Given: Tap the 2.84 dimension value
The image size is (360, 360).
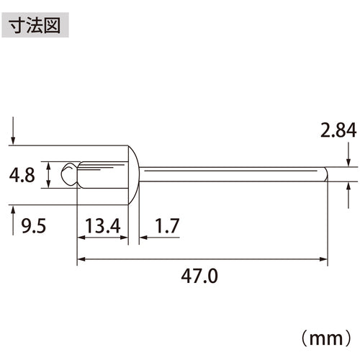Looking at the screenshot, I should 336,131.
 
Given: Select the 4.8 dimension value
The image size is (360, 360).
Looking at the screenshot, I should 24,175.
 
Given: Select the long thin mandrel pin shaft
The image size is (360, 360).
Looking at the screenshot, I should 230,174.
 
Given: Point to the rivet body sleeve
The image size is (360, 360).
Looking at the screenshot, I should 101,174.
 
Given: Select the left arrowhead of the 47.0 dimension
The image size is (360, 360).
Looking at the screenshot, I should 80,258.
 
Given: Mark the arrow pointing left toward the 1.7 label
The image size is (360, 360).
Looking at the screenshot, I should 143,236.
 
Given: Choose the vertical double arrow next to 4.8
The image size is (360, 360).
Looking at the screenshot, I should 48,175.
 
